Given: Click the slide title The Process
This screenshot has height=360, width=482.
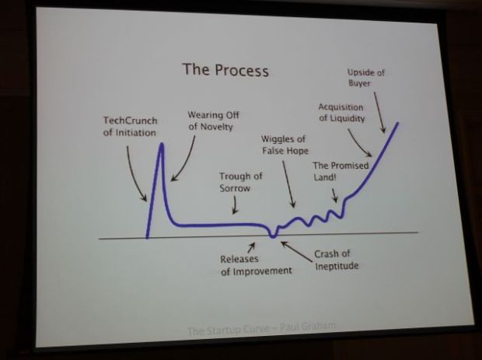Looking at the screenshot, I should coord(225,70).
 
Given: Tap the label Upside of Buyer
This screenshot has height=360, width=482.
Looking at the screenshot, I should coord(365,78).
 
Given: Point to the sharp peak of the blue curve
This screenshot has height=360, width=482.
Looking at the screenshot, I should coord(162,145).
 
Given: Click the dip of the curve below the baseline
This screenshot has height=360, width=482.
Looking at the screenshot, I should coord(272,235).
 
